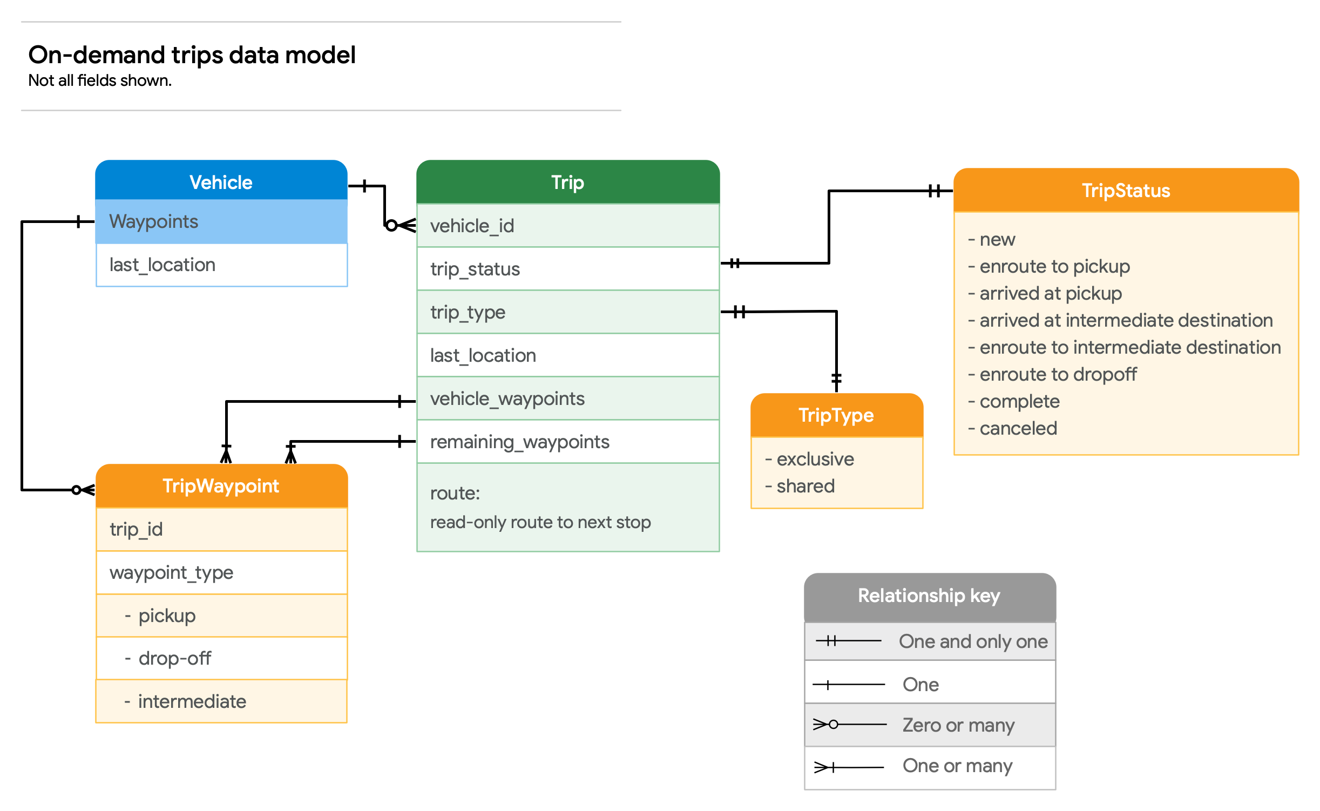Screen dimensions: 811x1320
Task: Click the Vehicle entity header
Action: (x=221, y=182)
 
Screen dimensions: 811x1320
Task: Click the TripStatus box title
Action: (x=1126, y=191)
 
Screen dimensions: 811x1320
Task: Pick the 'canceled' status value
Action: (x=1018, y=428)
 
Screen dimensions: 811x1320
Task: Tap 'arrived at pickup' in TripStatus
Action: (x=1050, y=293)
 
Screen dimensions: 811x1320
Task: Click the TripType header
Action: (x=836, y=415)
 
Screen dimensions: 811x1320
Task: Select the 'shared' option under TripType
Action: (x=805, y=486)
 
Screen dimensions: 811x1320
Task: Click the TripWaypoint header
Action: (x=221, y=486)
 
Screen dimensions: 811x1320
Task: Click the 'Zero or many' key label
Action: (x=958, y=725)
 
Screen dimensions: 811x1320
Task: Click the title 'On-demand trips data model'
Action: (x=192, y=55)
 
